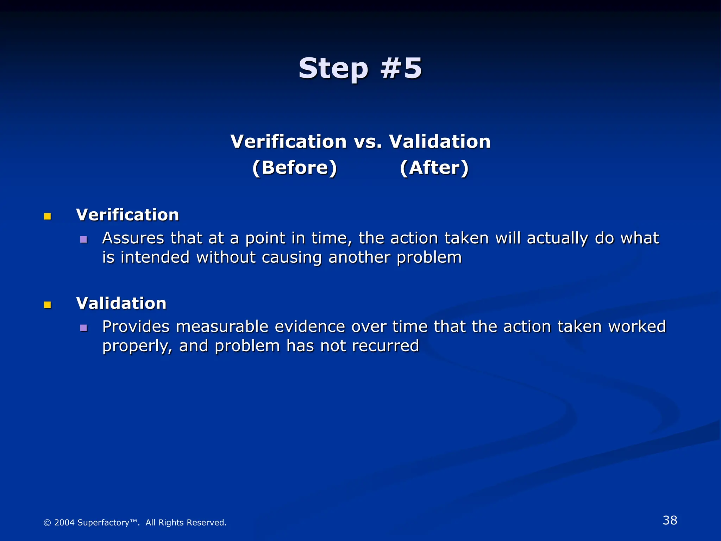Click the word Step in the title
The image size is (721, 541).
click(x=333, y=69)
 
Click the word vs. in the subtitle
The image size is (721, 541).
click(x=368, y=142)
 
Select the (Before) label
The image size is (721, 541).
click(x=295, y=168)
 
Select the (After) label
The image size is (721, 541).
click(x=434, y=168)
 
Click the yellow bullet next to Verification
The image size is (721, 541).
click(x=48, y=216)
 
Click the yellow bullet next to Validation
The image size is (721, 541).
click(x=48, y=305)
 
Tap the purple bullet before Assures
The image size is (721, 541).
click(x=83, y=240)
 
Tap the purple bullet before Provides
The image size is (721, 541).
click(x=83, y=328)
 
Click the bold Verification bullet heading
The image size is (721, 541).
click(x=127, y=215)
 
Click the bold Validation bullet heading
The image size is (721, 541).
click(x=121, y=303)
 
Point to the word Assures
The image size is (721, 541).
click(x=133, y=238)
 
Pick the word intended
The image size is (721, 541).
click(x=155, y=257)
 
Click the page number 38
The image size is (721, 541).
click(x=670, y=520)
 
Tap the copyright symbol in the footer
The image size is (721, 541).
click(x=47, y=523)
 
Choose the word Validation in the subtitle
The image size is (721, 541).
click(x=439, y=142)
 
